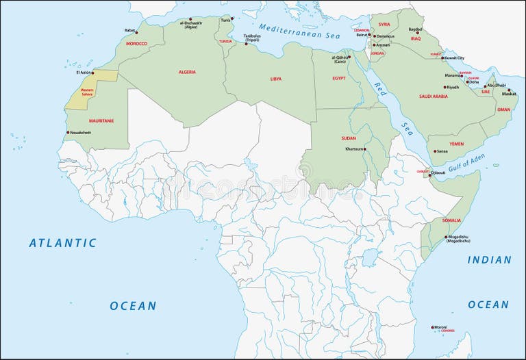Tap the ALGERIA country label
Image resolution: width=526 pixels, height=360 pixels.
187,72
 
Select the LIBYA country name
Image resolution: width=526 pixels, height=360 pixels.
275,79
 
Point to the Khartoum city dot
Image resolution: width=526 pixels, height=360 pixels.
366,149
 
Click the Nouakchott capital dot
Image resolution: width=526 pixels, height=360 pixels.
68,132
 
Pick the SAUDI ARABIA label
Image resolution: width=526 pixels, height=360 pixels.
433,97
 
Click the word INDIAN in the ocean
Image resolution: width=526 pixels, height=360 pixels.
489,260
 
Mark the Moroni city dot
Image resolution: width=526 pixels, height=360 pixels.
432,327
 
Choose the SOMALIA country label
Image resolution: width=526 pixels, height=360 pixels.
451,220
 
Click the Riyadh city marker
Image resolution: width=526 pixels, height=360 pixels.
445,87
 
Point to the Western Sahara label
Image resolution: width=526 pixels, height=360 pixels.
88,92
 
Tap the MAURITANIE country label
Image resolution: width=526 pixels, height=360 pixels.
101,120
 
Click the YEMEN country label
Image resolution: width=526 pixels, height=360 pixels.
456,144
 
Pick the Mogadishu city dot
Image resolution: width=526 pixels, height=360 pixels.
446,237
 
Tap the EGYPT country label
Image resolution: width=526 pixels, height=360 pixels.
339,78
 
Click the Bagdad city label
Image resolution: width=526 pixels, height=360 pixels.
415,29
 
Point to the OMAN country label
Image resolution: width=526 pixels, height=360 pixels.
503,110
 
